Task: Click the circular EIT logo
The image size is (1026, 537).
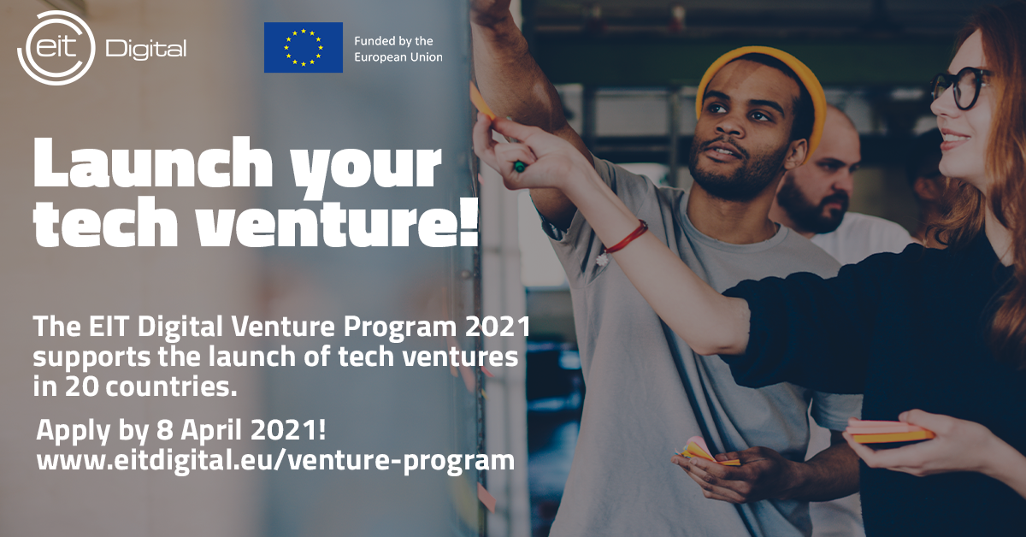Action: click(56, 48)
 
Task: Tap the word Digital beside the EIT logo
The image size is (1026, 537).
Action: click(146, 50)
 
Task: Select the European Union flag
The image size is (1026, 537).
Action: click(304, 48)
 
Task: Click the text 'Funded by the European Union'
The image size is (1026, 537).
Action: click(398, 49)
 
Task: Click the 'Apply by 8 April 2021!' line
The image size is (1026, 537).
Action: click(181, 431)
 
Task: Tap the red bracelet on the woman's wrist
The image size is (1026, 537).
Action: click(626, 238)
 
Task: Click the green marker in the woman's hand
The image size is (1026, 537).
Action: click(520, 167)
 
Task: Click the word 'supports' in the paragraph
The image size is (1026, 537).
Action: click(91, 357)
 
